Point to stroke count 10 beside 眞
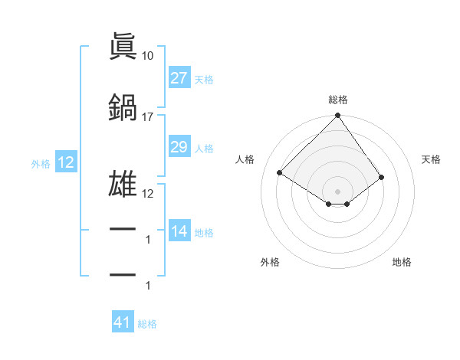coord(148,56)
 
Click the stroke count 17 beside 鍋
coord(148,117)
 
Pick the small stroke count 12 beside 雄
coord(148,193)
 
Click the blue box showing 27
coord(179,78)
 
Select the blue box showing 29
coord(179,147)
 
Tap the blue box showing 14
coord(179,231)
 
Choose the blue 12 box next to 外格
coord(65,162)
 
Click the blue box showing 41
coord(123,322)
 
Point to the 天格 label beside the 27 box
coord(204,79)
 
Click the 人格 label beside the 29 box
coord(204,148)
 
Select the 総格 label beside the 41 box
coord(147,324)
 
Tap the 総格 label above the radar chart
coord(338,100)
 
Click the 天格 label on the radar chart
coord(431,159)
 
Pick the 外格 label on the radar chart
coord(270,262)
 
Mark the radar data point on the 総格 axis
coord(337,116)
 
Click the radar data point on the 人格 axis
coord(281,172)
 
